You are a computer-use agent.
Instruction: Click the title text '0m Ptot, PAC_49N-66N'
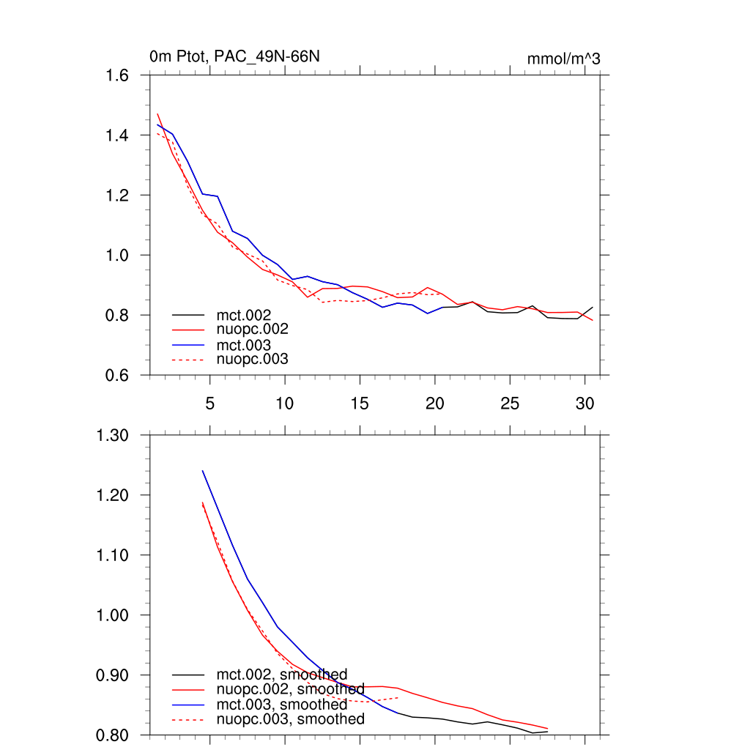click(234, 56)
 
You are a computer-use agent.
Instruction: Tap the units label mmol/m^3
click(563, 59)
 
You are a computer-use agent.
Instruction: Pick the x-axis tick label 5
click(210, 404)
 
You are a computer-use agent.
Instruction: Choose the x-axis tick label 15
click(360, 404)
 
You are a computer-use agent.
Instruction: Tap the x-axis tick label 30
click(584, 404)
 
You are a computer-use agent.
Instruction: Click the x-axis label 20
click(435, 404)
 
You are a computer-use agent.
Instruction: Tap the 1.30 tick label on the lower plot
click(114, 436)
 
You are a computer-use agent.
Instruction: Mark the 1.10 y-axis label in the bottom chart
click(114, 555)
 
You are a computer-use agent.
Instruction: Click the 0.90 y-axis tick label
click(114, 675)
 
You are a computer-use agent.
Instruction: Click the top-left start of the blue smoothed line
click(202, 470)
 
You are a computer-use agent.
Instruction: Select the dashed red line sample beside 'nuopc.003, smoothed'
click(188, 720)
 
